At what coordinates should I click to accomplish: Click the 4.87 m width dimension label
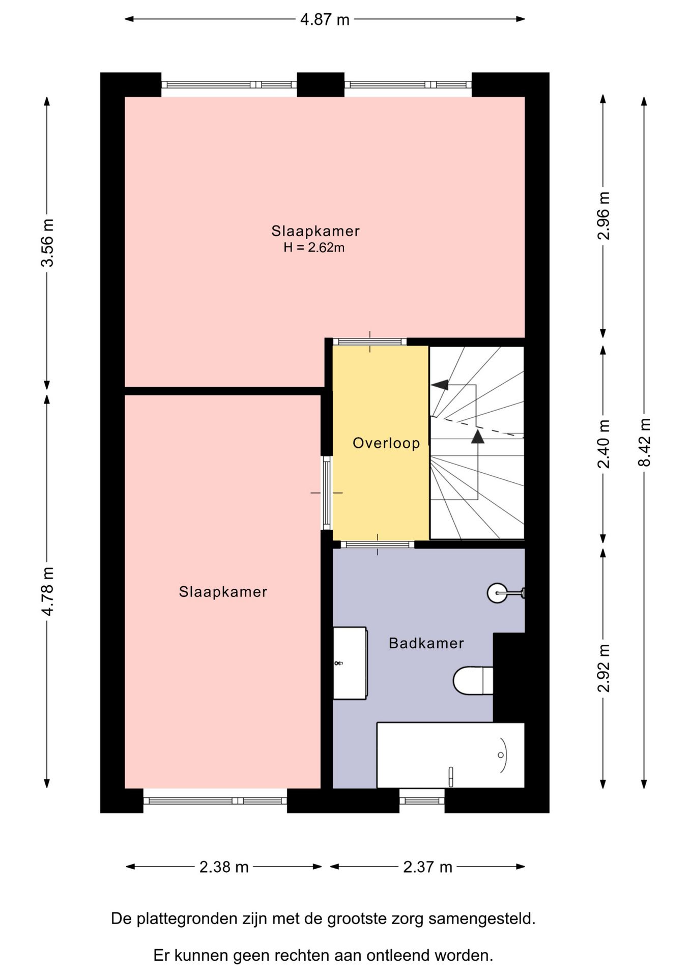pos(325,20)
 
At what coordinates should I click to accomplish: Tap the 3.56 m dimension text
pos(47,243)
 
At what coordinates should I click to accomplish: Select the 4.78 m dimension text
pos(47,591)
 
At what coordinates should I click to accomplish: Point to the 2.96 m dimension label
pos(603,216)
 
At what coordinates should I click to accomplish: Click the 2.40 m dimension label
pos(603,444)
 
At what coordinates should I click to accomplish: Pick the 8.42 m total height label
pos(644,442)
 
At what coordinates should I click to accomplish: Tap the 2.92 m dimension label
pos(603,668)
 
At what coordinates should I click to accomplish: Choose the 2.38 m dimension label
pos(224,867)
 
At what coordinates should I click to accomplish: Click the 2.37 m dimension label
pos(427,867)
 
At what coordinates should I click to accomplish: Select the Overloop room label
pos(386,443)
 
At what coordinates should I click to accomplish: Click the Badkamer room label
pos(426,643)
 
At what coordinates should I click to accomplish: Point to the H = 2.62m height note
pos(314,248)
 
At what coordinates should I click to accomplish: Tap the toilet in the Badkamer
pos(473,680)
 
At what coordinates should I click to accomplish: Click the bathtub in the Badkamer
pos(450,755)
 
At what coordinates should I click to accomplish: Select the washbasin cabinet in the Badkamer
pos(350,663)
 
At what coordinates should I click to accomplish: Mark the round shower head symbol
pos(497,593)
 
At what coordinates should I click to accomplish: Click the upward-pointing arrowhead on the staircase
pos(478,437)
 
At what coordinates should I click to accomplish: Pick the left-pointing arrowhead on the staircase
pos(440,385)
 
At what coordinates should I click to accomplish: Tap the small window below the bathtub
pos(422,801)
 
